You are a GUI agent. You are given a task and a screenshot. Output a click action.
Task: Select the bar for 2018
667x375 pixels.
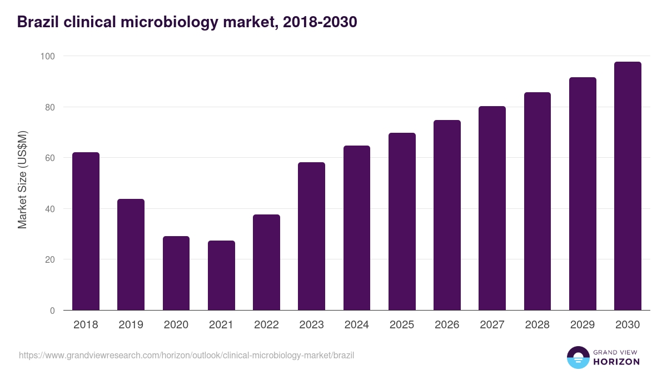pos(86,231)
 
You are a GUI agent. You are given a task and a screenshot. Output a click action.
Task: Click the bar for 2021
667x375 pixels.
pos(221,276)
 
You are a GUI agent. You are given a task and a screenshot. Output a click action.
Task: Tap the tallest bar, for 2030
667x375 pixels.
pos(628,186)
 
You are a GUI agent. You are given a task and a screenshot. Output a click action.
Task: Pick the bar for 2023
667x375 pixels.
pos(311,236)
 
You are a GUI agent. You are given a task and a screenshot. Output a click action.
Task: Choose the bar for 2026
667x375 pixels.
pos(447,215)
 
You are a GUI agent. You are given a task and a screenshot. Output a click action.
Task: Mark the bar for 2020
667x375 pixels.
pos(176,273)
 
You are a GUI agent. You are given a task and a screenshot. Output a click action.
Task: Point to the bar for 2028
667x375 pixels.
pos(537,201)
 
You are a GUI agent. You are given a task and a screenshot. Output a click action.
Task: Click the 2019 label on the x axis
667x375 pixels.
pos(131,325)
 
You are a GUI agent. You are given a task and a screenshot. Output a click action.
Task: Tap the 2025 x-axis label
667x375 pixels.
pos(402,325)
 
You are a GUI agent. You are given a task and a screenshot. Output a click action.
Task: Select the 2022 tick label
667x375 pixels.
pos(266,325)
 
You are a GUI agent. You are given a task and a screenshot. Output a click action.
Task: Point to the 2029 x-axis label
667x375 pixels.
pos(583,325)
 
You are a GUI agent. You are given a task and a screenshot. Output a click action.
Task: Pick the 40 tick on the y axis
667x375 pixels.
pos(49,209)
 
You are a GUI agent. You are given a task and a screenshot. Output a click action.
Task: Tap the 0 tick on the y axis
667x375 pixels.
pos(52,311)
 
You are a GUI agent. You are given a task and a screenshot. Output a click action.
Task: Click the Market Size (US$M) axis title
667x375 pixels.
pos(22,179)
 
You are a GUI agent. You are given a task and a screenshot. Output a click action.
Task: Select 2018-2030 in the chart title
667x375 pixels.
pos(320,22)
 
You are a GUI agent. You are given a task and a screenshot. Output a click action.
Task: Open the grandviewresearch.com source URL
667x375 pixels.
pos(186,355)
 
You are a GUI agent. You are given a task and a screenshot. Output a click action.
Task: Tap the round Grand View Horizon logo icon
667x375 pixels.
pos(578,357)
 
